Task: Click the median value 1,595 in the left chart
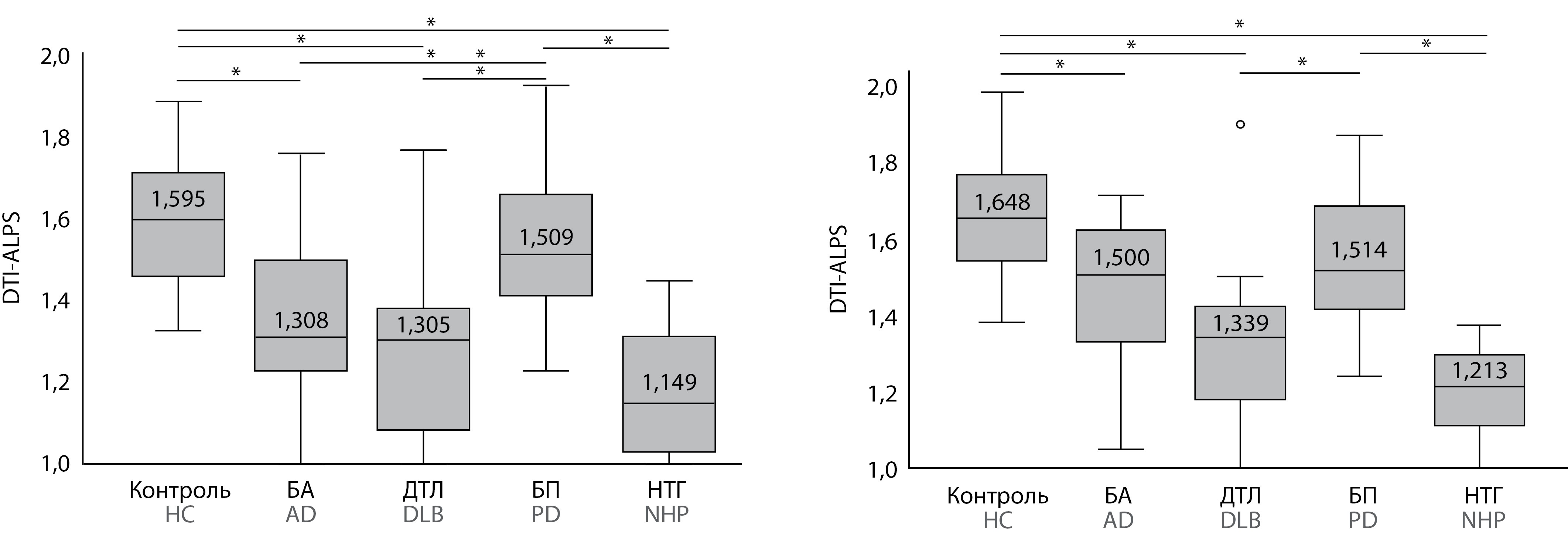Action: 178,199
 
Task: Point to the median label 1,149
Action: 669,382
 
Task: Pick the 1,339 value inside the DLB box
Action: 1240,323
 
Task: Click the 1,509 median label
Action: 546,237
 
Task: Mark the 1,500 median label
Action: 1121,257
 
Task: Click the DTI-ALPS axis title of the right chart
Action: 839,270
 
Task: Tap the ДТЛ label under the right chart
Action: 1240,496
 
